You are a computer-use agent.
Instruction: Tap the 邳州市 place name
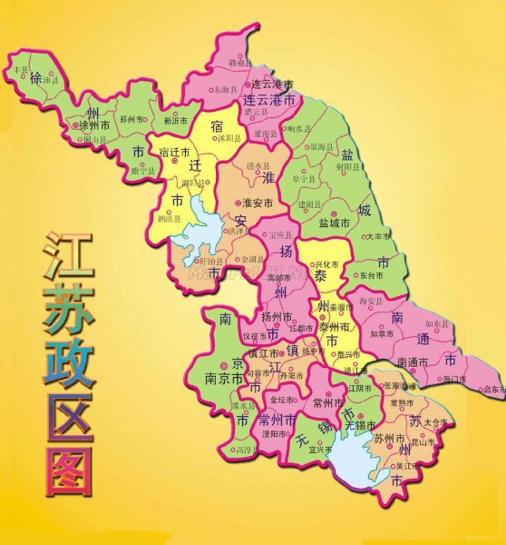pos(131,119)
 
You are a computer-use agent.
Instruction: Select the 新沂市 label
pos(177,121)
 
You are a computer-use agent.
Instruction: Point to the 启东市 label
pos(492,390)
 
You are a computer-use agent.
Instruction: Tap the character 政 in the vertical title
pos(69,363)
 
